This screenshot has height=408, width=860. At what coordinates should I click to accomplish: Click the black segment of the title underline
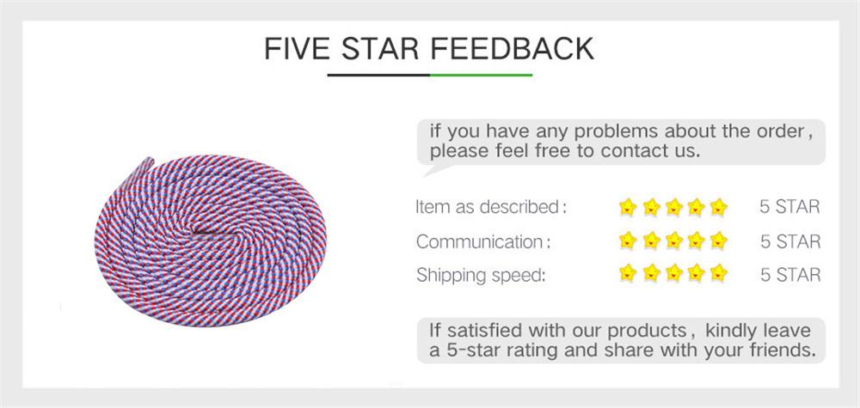click(378, 75)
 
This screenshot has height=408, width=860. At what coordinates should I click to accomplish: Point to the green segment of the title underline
click(481, 75)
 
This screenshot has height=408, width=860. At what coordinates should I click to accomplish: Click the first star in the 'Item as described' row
click(628, 206)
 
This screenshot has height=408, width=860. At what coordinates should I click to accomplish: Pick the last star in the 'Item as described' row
click(719, 206)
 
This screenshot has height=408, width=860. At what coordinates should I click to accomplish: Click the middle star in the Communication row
click(673, 241)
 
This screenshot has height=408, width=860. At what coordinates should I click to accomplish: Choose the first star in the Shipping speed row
click(628, 274)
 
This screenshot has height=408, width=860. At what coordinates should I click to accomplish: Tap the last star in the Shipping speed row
click(719, 274)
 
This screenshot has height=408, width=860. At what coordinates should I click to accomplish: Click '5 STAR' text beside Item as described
click(789, 207)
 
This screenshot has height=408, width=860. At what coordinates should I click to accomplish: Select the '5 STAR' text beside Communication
click(789, 241)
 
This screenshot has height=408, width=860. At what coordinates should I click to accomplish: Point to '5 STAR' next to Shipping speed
click(789, 275)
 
